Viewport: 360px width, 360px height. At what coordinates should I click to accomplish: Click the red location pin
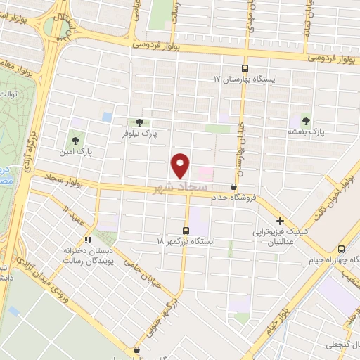pos(181,165)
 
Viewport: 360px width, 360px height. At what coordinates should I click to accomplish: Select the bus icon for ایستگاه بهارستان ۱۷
pos(245,69)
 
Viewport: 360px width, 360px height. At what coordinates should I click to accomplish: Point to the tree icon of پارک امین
pos(75,139)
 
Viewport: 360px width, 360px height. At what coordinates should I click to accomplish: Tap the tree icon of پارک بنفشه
pos(305,119)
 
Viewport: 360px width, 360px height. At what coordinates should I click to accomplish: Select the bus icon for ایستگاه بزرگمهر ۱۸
pos(186,230)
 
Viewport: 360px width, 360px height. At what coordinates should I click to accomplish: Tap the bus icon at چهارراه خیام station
pos(341,248)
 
